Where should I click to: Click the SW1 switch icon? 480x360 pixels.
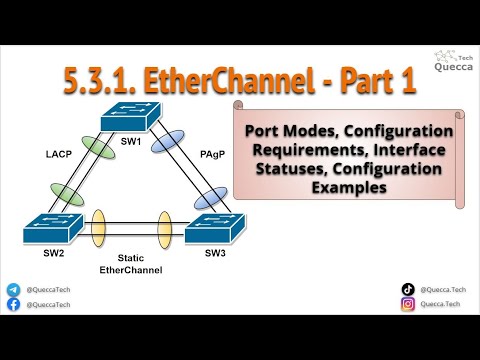[x=132, y=119]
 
